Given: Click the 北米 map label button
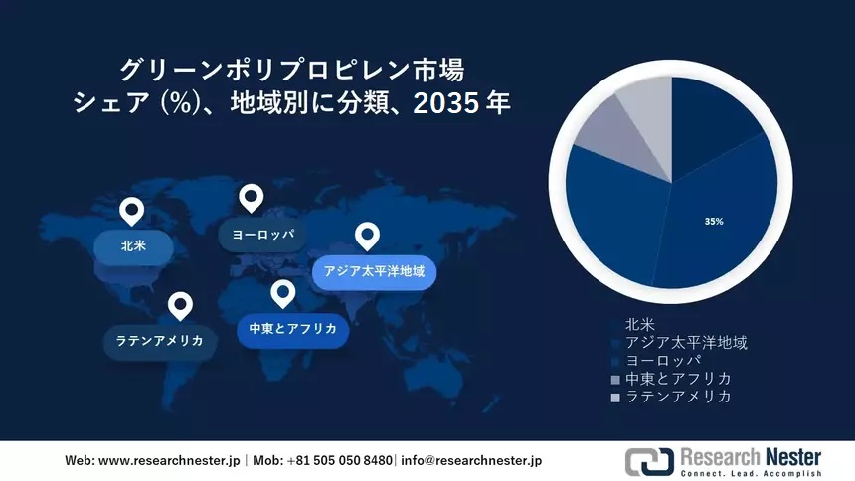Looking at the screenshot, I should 133,244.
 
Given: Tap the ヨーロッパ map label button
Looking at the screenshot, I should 262,234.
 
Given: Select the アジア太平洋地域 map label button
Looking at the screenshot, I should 374,271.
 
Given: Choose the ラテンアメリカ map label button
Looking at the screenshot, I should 159,341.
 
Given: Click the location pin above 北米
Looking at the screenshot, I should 131,212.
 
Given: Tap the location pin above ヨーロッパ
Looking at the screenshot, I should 252,199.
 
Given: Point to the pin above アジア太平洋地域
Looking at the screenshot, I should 368,237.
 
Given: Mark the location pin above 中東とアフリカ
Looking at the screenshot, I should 283,294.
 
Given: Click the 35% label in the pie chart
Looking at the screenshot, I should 713,221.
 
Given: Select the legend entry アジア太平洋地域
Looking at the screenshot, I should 685,342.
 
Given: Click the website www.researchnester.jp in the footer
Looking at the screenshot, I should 169,461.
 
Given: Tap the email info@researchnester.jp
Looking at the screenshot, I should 470,461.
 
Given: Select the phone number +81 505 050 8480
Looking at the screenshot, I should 339,461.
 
